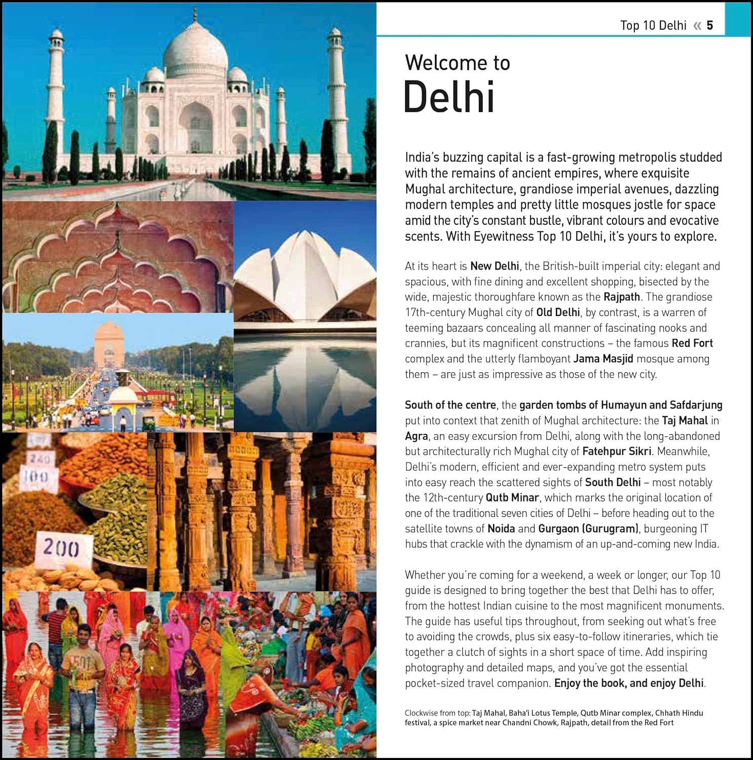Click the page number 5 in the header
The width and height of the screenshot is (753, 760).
pos(710,25)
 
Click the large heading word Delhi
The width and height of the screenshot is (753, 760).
pos(449,97)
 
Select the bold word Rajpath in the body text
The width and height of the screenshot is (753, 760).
pos(622,297)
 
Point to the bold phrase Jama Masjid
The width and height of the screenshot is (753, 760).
pos(603,359)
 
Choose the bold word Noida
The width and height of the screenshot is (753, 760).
pos(501,528)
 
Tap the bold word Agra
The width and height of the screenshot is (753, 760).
pos(417,436)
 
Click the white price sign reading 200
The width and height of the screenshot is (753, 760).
pos(61,548)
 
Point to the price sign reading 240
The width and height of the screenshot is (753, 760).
pos(38,459)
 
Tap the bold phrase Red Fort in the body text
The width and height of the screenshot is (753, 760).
pos(692,343)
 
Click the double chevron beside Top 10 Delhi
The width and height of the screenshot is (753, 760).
pos(697,26)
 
